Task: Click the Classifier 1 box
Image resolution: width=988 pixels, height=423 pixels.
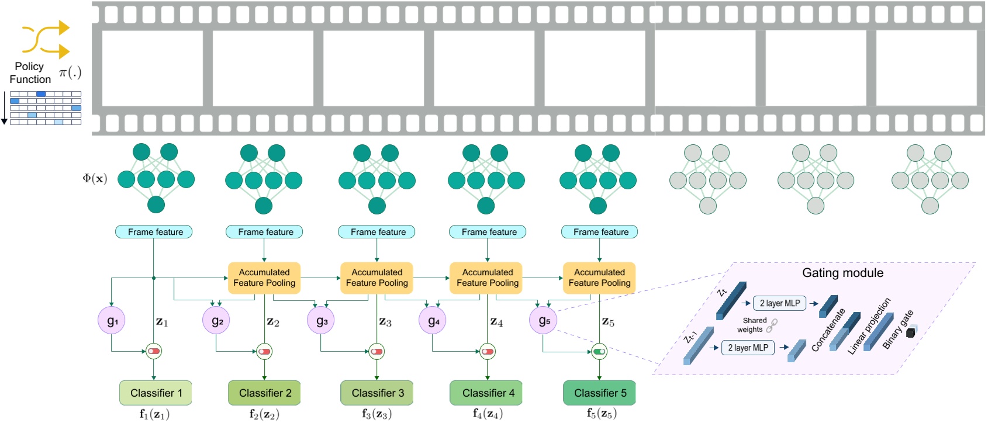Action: pyautogui.click(x=156, y=393)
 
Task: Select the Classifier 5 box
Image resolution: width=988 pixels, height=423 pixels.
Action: pyautogui.click(x=599, y=393)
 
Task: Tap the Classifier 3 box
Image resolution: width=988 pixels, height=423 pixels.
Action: pyautogui.click(x=377, y=393)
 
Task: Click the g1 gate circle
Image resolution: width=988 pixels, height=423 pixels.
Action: pyautogui.click(x=112, y=320)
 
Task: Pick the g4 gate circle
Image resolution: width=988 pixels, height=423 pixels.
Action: pyautogui.click(x=433, y=320)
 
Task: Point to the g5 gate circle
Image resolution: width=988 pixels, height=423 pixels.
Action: pyautogui.click(x=544, y=320)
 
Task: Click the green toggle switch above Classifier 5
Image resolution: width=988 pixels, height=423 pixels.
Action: pyautogui.click(x=599, y=352)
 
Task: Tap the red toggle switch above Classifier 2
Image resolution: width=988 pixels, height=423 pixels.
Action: pyautogui.click(x=264, y=352)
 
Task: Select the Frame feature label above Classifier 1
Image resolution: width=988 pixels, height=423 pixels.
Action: pyautogui.click(x=154, y=232)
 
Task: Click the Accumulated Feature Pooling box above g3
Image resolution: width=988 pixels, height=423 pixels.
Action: pyautogui.click(x=377, y=278)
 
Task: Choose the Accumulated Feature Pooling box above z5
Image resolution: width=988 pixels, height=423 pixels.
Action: pyautogui.click(x=599, y=278)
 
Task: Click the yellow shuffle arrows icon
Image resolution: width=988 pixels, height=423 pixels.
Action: pyautogui.click(x=46, y=39)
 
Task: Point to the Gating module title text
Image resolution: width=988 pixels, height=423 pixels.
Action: pyautogui.click(x=842, y=273)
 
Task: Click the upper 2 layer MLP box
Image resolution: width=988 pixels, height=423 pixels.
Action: pyautogui.click(x=780, y=303)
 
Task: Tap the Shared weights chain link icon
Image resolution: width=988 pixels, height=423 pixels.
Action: pyautogui.click(x=772, y=325)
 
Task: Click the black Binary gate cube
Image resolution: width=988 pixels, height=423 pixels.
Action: pyautogui.click(x=910, y=332)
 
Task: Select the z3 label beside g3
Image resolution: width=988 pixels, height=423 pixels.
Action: pyautogui.click(x=385, y=322)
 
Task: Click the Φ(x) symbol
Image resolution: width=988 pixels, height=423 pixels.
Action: pyautogui.click(x=95, y=179)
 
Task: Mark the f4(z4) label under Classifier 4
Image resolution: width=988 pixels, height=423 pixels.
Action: pyautogui.click(x=488, y=414)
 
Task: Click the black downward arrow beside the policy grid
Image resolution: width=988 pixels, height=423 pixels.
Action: pyautogui.click(x=4, y=108)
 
